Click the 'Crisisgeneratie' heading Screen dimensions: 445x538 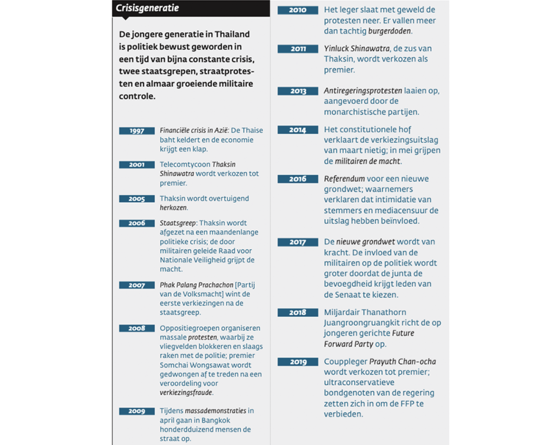click(x=147, y=8)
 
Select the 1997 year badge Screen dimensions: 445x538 click(x=137, y=131)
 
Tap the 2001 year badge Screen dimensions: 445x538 click(x=137, y=165)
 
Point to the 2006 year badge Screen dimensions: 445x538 click(x=137, y=223)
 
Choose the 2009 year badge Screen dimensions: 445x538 click(x=137, y=411)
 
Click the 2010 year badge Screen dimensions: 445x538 click(x=297, y=10)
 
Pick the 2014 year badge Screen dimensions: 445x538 click(x=297, y=130)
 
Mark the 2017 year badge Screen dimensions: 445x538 click(x=297, y=242)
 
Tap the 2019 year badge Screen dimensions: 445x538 click(x=297, y=362)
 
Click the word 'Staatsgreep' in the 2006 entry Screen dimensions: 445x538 click(x=178, y=223)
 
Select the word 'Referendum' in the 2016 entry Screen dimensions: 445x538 click(x=344, y=179)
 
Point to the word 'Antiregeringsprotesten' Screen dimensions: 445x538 click(x=363, y=90)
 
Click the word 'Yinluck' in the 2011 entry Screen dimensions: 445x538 click(x=336, y=49)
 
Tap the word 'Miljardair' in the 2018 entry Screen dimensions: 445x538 click(x=344, y=312)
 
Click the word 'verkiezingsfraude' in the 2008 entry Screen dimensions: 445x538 click(x=186, y=393)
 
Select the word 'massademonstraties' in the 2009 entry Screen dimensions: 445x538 click(x=215, y=411)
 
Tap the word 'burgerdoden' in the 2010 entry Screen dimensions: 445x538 click(x=389, y=31)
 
